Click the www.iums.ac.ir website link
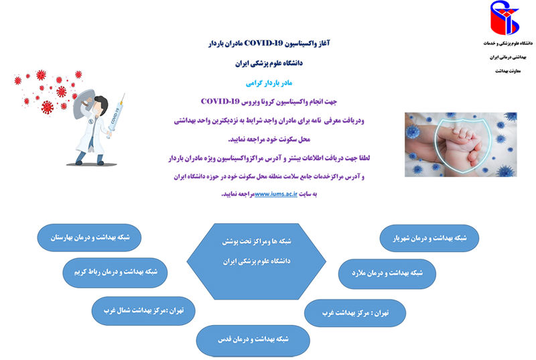click(276, 194)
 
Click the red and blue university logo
click(505, 18)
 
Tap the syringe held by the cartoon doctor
click(116, 116)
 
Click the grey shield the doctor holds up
click(83, 103)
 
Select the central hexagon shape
click(257, 261)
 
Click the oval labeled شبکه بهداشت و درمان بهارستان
click(89, 237)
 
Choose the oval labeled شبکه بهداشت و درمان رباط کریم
click(115, 272)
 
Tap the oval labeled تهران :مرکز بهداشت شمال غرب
click(143, 311)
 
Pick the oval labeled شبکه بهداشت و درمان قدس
click(253, 341)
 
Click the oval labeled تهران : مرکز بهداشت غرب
click(355, 313)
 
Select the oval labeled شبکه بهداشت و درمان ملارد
click(387, 274)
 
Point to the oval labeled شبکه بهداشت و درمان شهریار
click(429, 238)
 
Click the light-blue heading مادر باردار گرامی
click(269, 83)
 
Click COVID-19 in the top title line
click(263, 43)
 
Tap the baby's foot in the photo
click(470, 147)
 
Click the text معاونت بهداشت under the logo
click(508, 71)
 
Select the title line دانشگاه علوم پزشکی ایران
click(269, 63)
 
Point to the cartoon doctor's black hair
click(101, 103)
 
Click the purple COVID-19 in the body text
click(220, 101)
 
